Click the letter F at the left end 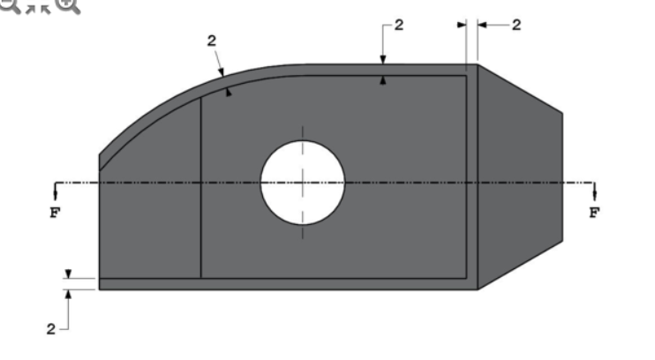[55, 213]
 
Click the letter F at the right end [594, 213]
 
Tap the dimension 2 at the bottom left [52, 328]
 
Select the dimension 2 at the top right [516, 25]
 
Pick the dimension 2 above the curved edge [211, 41]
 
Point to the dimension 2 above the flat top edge [399, 25]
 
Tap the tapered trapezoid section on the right [519, 176]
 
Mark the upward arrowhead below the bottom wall [68, 295]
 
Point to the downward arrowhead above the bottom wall [68, 274]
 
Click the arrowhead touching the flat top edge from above [383, 60]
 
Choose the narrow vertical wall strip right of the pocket [472, 176]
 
